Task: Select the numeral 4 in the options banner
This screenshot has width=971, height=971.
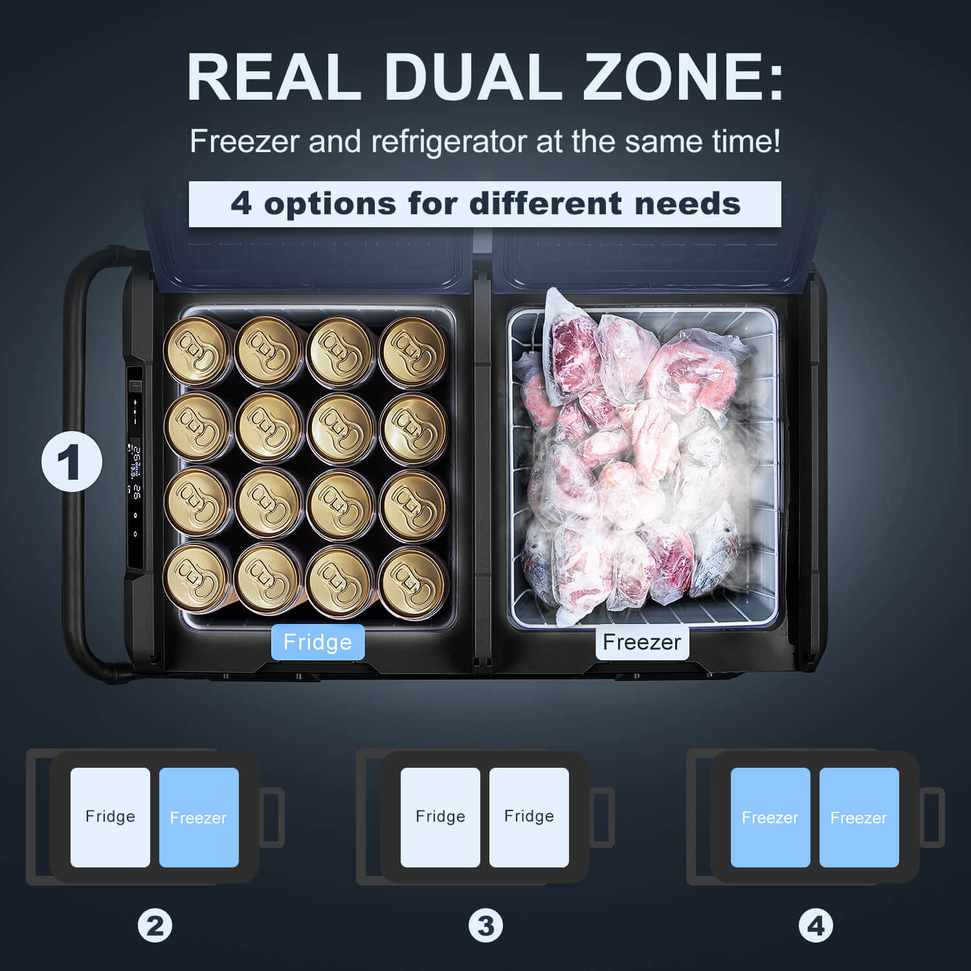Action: [x=241, y=203]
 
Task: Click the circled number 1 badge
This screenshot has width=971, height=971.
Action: [x=72, y=461]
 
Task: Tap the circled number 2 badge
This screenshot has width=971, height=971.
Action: [x=155, y=926]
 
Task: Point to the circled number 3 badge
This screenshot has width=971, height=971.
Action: [x=485, y=926]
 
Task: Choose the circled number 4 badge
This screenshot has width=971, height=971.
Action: [x=816, y=926]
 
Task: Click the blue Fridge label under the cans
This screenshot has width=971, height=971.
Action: [x=318, y=642]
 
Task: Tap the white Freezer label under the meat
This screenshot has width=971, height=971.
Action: [x=642, y=642]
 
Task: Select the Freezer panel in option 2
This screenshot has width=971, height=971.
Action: [x=199, y=818]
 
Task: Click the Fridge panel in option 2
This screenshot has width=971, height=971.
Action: [x=110, y=818]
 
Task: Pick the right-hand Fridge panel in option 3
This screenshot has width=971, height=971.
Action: [x=529, y=818]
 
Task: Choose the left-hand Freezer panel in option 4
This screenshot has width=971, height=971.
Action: [x=770, y=818]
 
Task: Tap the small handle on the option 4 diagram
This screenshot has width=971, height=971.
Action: [x=932, y=818]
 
